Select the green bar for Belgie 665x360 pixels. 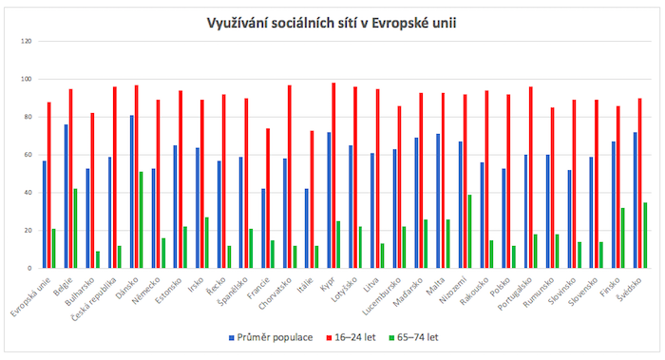click(x=75, y=229)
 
